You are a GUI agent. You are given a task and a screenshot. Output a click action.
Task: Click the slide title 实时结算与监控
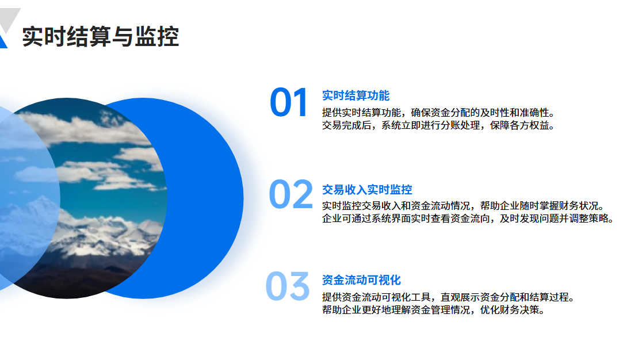pyautogui.click(x=101, y=37)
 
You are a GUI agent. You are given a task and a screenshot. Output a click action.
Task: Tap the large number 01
pyautogui.click(x=289, y=102)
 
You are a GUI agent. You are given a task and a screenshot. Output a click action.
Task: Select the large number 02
pyautogui.click(x=291, y=194)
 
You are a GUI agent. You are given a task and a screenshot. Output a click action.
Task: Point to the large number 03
pyautogui.click(x=288, y=286)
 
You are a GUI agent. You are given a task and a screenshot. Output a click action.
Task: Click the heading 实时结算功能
pyautogui.click(x=356, y=95)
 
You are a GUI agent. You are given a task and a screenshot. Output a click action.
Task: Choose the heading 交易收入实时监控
pyautogui.click(x=367, y=190)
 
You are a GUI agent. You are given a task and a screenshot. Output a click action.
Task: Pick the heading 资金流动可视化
pyautogui.click(x=361, y=280)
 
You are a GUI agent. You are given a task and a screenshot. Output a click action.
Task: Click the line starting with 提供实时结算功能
pyautogui.click(x=439, y=113)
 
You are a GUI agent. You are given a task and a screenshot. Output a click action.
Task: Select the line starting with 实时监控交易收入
pyautogui.click(x=463, y=206)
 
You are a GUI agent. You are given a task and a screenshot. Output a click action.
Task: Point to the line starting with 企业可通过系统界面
pyautogui.click(x=468, y=219)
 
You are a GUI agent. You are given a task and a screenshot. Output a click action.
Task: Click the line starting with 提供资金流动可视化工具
pyautogui.click(x=449, y=297)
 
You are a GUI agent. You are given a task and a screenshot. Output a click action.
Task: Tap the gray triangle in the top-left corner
pyautogui.click(x=11, y=16)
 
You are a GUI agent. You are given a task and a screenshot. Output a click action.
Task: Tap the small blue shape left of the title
pyautogui.click(x=3, y=42)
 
